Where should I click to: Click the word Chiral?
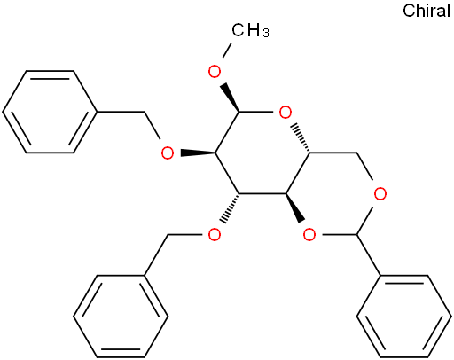[427, 11]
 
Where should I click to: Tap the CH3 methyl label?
[250, 30]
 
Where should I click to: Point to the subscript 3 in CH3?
[266, 34]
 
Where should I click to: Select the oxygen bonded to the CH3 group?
[215, 72]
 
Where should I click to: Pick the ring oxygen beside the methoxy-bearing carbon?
[286, 113]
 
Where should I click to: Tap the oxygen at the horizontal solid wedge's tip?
[168, 153]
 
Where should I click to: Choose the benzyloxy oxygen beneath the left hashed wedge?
[215, 235]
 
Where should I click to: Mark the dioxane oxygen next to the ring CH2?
[380, 194]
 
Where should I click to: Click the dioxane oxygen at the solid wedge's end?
[309, 235]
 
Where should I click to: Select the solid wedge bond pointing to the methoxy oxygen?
[230, 98]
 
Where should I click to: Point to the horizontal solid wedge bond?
[198, 153]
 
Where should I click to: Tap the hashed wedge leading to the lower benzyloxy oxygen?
[231, 208]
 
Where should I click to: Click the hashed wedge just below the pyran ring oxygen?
[301, 138]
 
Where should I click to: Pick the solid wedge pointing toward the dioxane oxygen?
[295, 207]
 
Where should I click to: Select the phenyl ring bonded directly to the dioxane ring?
[403, 317]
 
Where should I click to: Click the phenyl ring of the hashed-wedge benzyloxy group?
[121, 317]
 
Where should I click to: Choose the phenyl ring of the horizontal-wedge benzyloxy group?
[50, 112]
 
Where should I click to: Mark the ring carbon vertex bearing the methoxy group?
[239, 113]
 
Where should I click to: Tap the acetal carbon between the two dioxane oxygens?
[356, 235]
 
